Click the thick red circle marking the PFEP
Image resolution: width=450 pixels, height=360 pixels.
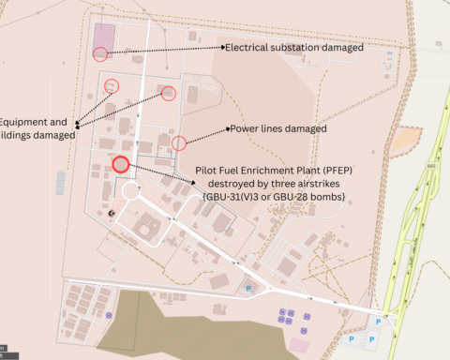coord(120,165)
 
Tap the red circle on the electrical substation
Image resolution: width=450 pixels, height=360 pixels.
coord(100,53)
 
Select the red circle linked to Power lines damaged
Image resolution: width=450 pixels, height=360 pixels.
coord(179,142)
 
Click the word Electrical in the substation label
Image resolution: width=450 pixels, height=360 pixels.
coord(252,46)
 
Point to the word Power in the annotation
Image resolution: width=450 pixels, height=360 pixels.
coord(246,128)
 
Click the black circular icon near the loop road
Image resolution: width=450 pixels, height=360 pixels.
coord(112,214)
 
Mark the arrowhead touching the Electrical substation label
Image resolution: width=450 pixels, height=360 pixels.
coord(222,46)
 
